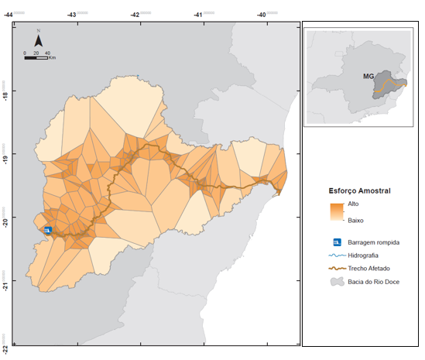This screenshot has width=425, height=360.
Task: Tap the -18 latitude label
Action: tap(6, 96)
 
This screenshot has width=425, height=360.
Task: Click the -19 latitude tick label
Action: tap(6, 159)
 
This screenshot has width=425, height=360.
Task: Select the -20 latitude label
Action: tap(6, 221)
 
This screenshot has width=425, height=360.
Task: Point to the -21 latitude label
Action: tap(6, 285)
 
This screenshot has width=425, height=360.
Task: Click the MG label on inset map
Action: tap(369, 77)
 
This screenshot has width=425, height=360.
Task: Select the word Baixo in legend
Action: tap(356, 221)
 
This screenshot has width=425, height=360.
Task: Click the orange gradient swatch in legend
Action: tap(336, 211)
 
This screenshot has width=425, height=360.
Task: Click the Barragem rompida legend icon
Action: tap(335, 242)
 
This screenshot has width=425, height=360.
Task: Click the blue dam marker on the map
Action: tap(48, 231)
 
